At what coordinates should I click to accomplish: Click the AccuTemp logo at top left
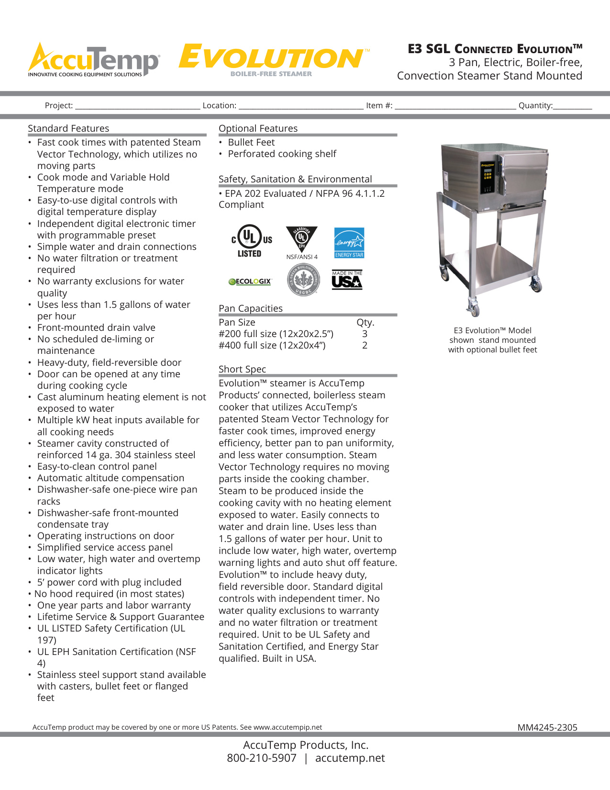click(x=93, y=60)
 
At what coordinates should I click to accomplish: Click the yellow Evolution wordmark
click(x=271, y=57)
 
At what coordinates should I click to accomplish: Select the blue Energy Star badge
click(x=349, y=242)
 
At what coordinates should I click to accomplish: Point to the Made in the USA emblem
click(x=347, y=280)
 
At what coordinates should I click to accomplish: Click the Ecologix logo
click(x=250, y=282)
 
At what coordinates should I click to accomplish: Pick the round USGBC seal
click(x=303, y=280)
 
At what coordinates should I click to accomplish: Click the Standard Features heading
click(x=68, y=128)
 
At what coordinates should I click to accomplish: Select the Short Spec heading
click(x=242, y=369)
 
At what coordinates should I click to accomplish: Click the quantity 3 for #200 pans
click(x=365, y=334)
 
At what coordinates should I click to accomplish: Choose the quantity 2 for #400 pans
click(x=365, y=345)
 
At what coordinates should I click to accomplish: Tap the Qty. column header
click(x=365, y=322)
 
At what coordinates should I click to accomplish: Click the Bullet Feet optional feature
click(x=251, y=142)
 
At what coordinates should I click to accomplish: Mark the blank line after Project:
click(x=137, y=106)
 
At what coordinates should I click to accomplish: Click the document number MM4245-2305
click(x=547, y=727)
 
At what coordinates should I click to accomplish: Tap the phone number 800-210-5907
click(x=262, y=758)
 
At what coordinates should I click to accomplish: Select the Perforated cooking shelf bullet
click(x=282, y=154)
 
